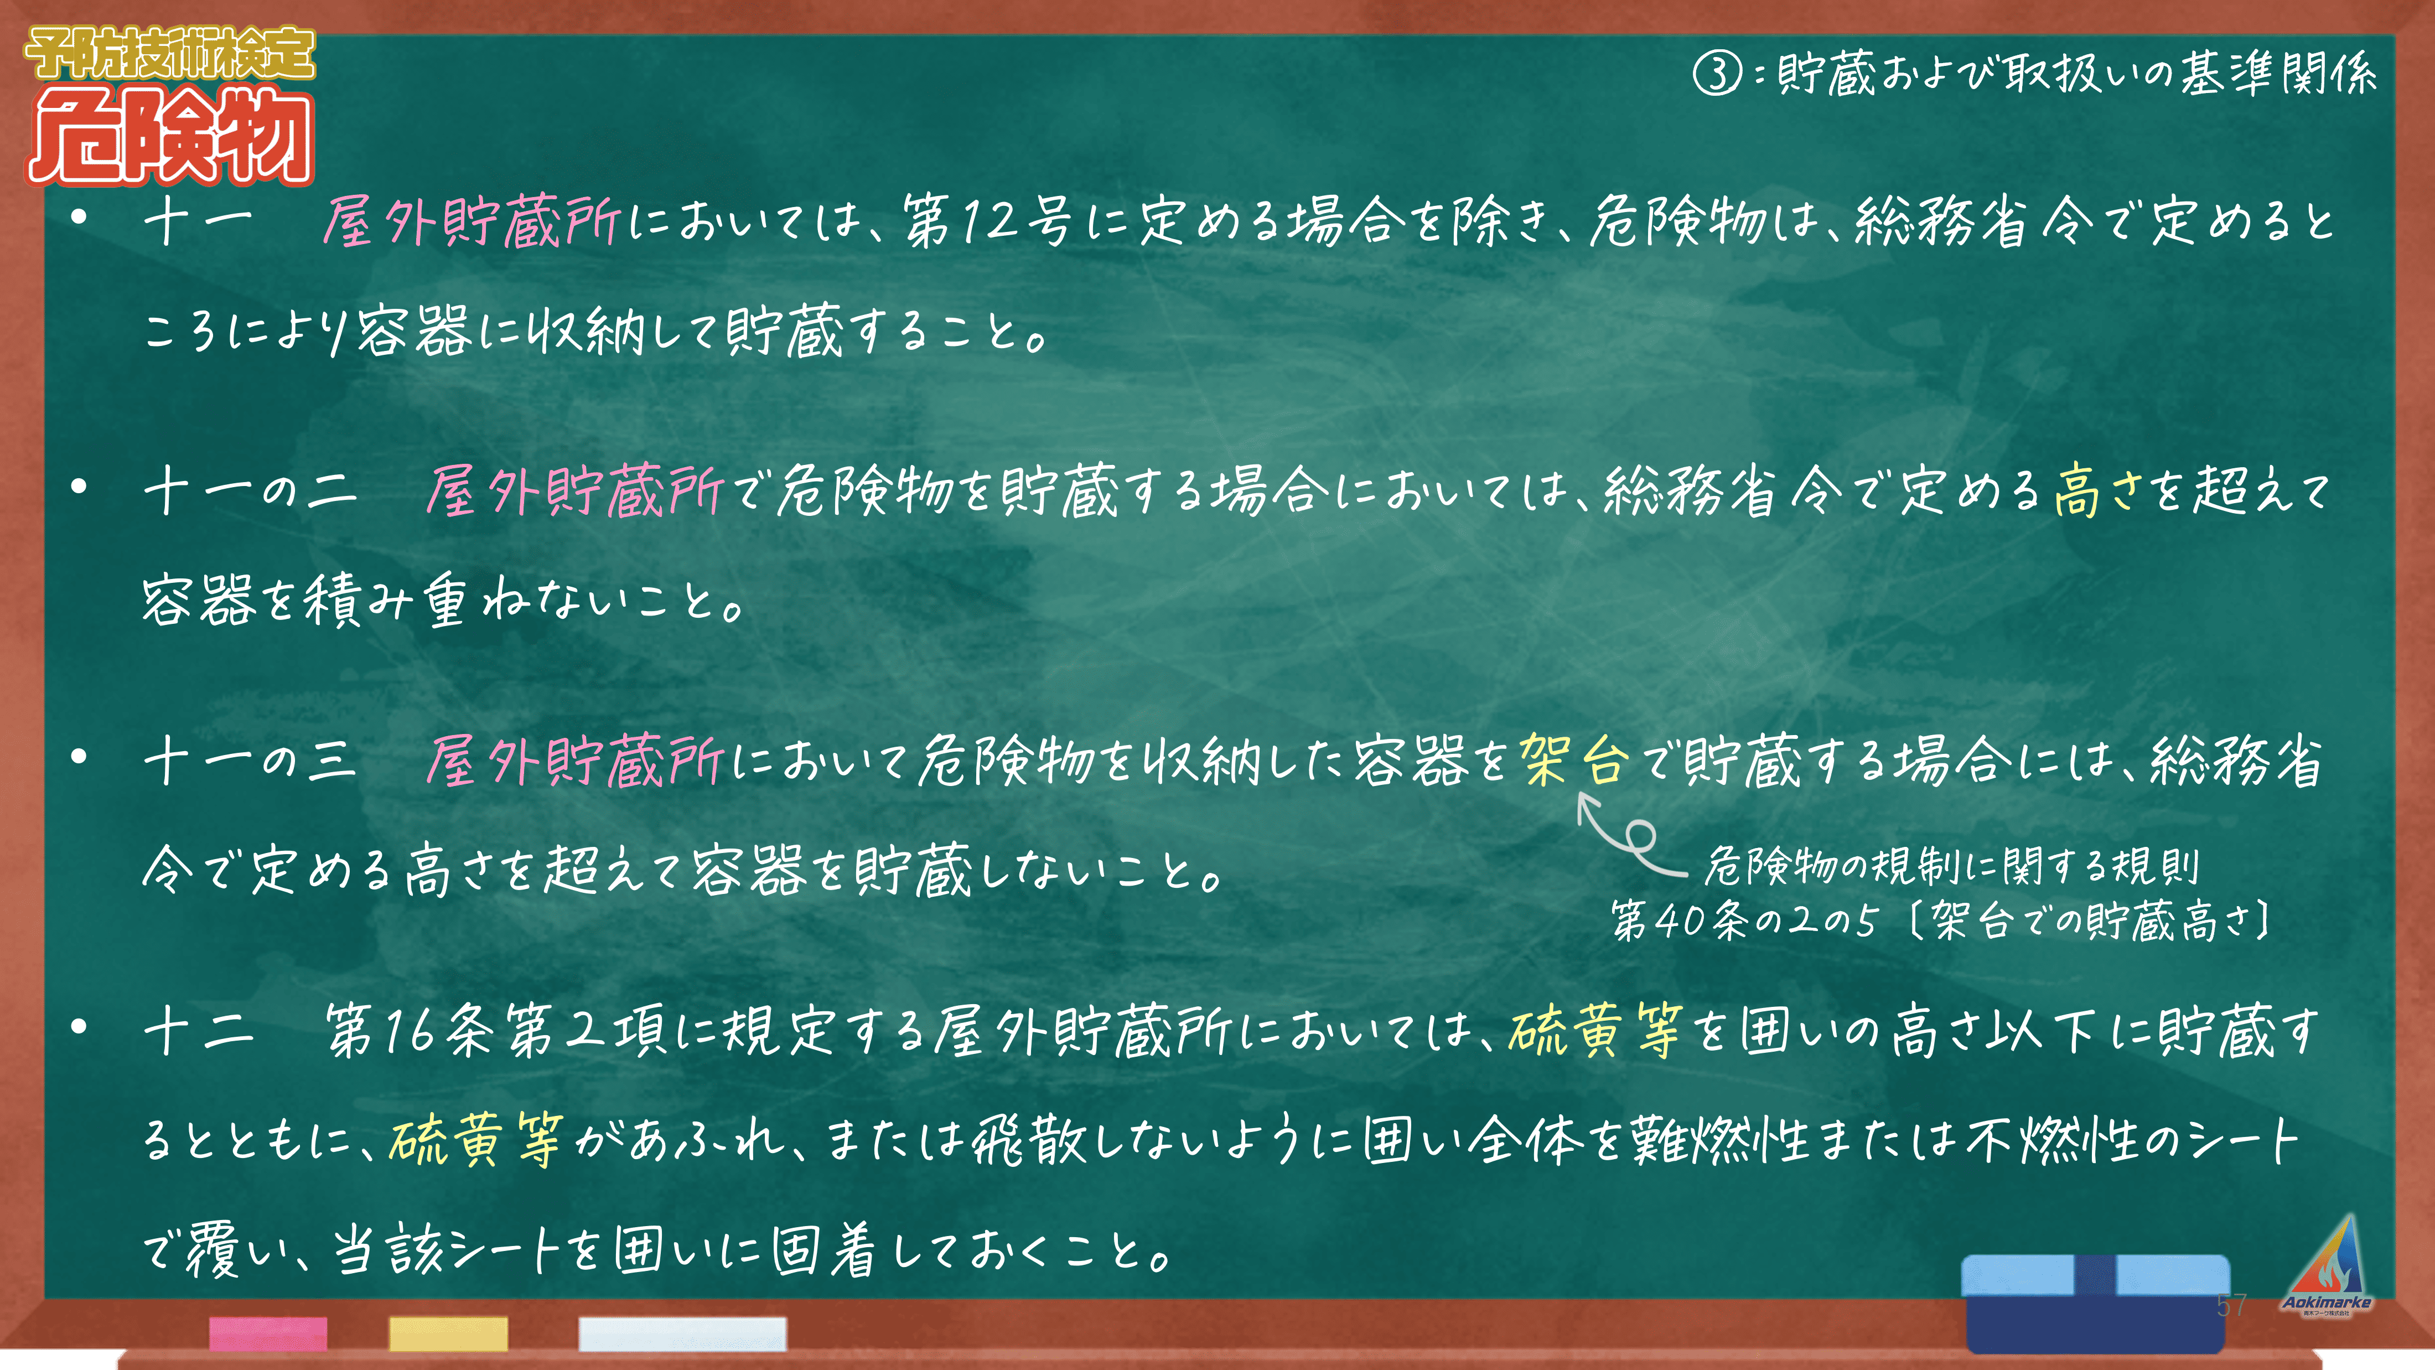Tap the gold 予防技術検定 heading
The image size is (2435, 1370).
(170, 53)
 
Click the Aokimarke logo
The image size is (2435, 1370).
(2327, 1267)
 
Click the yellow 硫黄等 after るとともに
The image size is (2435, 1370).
(476, 1139)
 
